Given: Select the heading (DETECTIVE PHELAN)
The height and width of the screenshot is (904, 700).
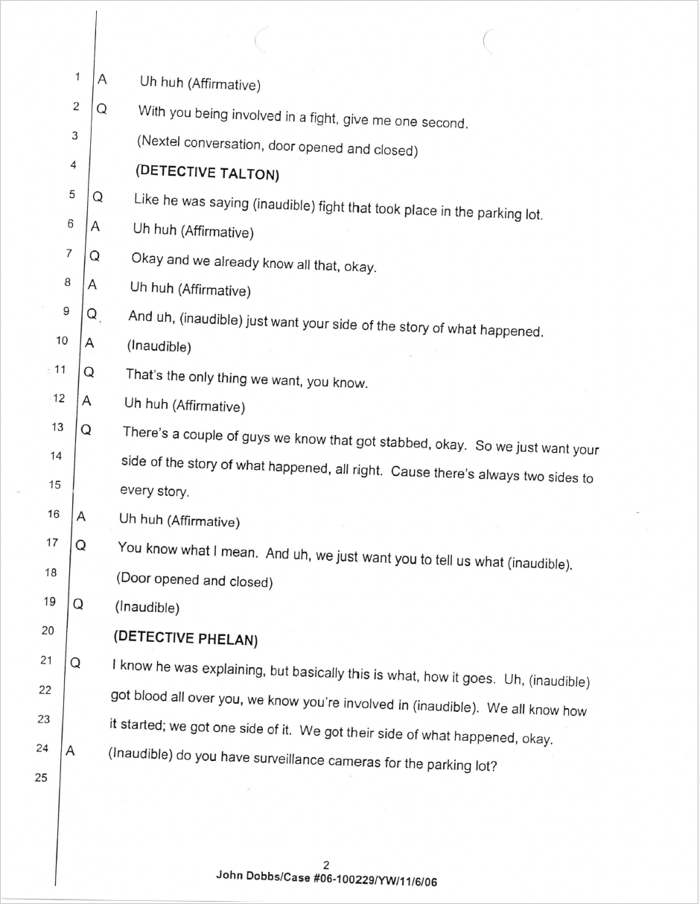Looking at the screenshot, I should pyautogui.click(x=185, y=637).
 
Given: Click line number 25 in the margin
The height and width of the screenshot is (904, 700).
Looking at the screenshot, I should pyautogui.click(x=42, y=778).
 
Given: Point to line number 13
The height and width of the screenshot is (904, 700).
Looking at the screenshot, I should pyautogui.click(x=57, y=427).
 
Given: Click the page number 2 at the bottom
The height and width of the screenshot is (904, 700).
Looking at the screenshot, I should pyautogui.click(x=326, y=865).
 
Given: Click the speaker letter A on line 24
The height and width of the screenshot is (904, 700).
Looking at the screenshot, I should pyautogui.click(x=70, y=751).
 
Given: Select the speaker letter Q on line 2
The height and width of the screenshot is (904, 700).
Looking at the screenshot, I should pyautogui.click(x=101, y=109).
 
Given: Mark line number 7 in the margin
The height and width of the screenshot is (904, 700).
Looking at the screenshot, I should pyautogui.click(x=69, y=253).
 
